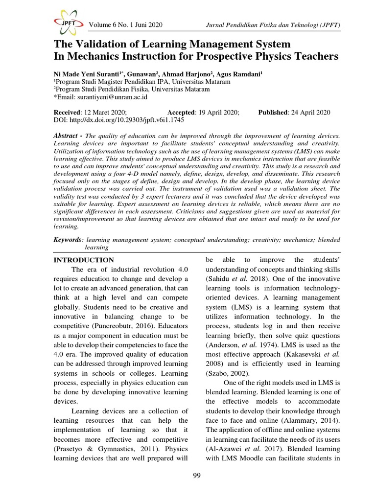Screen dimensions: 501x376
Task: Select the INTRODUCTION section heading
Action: (x=83, y=260)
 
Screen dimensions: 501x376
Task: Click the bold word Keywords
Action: (x=67, y=240)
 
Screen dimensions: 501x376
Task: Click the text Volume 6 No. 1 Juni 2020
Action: (x=126, y=25)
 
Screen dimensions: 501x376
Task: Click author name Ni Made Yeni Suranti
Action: (x=94, y=73)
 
